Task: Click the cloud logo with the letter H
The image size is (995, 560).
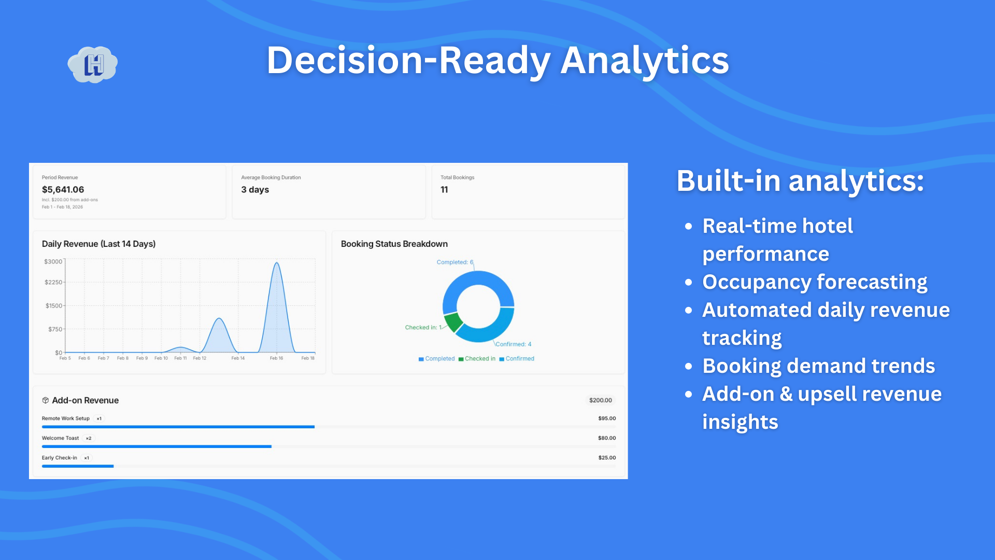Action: [93, 64]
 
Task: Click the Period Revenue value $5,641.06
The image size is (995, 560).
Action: [63, 190]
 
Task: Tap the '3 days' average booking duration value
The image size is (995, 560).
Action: [255, 190]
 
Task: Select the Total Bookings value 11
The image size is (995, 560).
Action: [444, 190]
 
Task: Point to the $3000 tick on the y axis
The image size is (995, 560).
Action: [53, 261]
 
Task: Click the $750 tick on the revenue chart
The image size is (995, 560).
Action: [55, 329]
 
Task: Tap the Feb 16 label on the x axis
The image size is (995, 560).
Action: [276, 358]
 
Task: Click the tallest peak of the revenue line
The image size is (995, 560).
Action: [277, 263]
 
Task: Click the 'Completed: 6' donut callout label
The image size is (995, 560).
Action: [455, 262]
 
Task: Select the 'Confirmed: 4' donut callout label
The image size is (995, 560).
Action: [513, 344]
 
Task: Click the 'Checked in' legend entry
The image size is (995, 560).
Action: [477, 359]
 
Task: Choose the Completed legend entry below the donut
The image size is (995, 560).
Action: [436, 359]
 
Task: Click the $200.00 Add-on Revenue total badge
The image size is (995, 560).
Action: [601, 400]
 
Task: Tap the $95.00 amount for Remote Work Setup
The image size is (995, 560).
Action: [607, 418]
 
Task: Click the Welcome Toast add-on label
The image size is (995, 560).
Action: [61, 438]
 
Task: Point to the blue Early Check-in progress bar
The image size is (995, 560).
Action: [78, 466]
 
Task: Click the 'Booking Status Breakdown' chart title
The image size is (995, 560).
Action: [394, 244]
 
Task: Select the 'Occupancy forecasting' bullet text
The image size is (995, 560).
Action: [815, 282]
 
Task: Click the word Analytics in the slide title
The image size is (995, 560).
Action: [645, 61]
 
